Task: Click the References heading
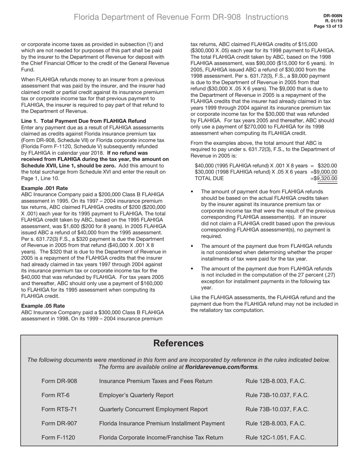[178, 343]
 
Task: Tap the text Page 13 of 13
[328, 27]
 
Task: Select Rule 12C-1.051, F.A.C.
[276, 438]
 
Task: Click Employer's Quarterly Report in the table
[136, 395]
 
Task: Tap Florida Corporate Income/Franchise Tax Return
[161, 438]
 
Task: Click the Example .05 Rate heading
[43, 306]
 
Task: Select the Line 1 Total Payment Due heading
[83, 121]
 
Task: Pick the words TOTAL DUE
[209, 178]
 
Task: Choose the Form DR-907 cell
[59, 423]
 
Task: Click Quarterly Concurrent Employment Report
[153, 409]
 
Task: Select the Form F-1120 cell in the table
[58, 438]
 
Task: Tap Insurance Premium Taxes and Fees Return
[155, 381]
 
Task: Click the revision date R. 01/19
[333, 21]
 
